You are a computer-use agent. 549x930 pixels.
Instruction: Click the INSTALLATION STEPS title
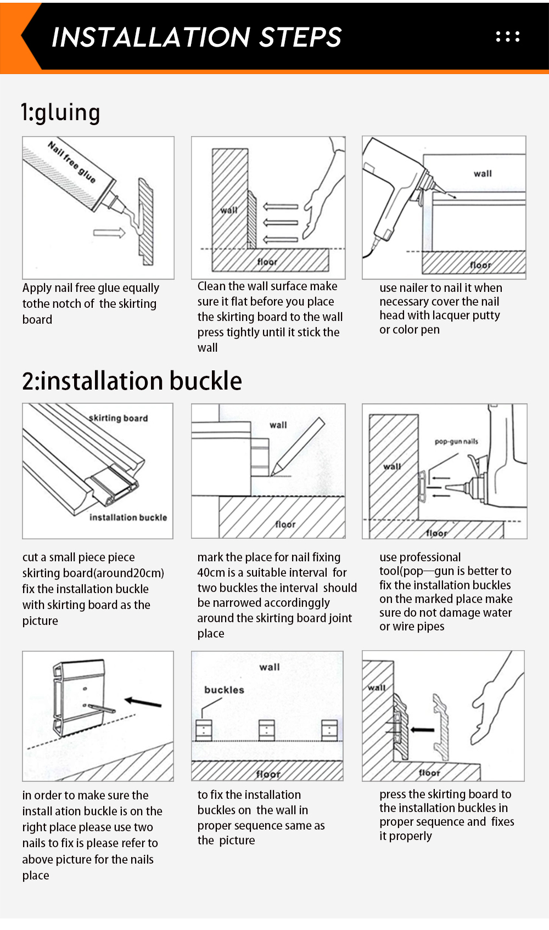click(x=196, y=37)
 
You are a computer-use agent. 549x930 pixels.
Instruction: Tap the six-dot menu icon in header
click(x=507, y=37)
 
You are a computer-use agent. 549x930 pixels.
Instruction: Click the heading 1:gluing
click(x=60, y=112)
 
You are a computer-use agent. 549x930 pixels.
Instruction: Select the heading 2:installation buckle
click(x=132, y=381)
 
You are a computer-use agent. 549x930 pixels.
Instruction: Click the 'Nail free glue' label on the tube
click(x=71, y=162)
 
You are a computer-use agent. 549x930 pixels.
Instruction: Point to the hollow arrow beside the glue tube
click(x=109, y=233)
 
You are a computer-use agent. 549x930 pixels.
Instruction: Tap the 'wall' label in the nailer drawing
click(x=483, y=173)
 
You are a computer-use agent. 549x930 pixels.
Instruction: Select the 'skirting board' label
click(x=119, y=418)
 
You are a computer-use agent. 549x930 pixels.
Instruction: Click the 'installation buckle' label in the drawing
click(x=128, y=517)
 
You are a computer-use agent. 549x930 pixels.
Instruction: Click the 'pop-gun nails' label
click(x=456, y=441)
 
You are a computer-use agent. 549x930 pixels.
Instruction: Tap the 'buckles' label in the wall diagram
click(x=224, y=690)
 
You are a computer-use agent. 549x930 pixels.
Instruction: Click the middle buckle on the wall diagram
click(x=267, y=730)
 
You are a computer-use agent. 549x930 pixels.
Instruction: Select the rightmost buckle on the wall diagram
click(x=329, y=730)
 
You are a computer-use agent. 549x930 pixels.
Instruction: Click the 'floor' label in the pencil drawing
click(x=285, y=525)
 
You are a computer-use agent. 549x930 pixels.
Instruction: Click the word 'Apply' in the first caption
click(x=37, y=288)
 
